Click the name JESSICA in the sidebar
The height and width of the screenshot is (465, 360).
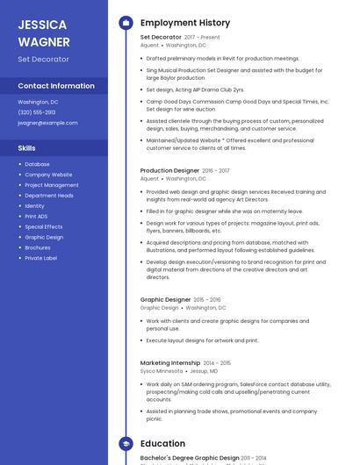(42, 24)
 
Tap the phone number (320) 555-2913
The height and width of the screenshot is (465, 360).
(36, 112)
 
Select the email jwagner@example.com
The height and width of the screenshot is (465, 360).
(47, 123)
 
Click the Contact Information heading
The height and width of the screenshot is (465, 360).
(56, 86)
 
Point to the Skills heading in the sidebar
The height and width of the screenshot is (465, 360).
(27, 148)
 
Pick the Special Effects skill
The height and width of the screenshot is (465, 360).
(44, 226)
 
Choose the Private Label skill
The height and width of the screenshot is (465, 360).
(40, 258)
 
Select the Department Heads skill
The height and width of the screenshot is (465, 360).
(49, 196)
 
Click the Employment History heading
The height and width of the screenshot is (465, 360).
(185, 23)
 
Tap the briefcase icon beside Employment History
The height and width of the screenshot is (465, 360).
(126, 23)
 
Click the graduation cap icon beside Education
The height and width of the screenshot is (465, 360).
(126, 444)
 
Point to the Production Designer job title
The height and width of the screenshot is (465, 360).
(169, 170)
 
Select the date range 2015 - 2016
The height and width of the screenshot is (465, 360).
(207, 300)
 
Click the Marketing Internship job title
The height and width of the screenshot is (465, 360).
(170, 362)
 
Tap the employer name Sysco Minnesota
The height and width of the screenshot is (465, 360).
(162, 371)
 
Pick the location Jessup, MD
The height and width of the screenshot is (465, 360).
(204, 371)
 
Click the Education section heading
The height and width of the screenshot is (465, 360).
(162, 444)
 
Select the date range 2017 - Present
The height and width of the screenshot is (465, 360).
(202, 38)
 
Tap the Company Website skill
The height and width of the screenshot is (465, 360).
(48, 175)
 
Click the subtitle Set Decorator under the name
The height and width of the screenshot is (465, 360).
(43, 59)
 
